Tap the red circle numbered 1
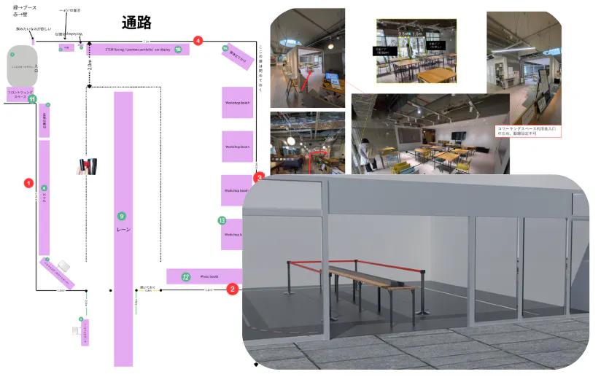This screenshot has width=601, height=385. click(x=29, y=182)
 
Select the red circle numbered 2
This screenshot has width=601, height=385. click(x=232, y=289)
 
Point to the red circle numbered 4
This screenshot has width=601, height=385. click(x=198, y=41)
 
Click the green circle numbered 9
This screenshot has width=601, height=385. click(x=122, y=216)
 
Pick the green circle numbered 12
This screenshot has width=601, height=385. click(x=186, y=277)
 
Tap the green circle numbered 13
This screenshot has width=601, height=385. click(x=222, y=220)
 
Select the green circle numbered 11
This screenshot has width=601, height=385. click(x=32, y=99)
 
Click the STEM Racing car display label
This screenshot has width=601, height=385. click(x=132, y=50)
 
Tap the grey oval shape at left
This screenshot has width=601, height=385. click(x=22, y=66)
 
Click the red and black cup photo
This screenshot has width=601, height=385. click(x=88, y=167)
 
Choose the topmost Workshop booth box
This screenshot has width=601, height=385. click(x=237, y=103)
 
